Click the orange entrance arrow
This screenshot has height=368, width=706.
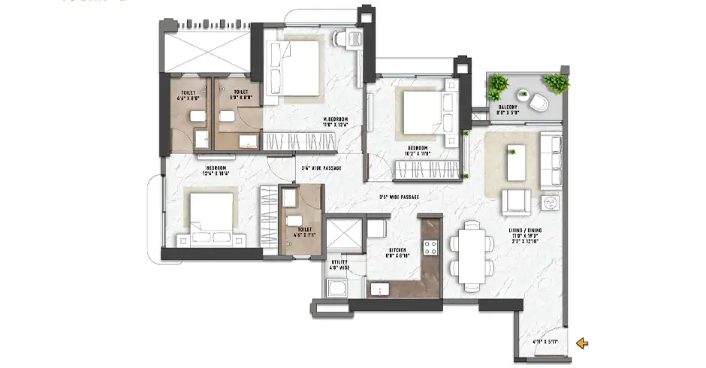coord(582,343)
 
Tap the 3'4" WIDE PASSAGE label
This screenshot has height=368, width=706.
coord(321,168)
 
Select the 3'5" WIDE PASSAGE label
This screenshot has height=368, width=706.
coord(398,197)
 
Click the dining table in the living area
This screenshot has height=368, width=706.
coord(471,255)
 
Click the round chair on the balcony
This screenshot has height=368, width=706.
coord(539,101)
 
